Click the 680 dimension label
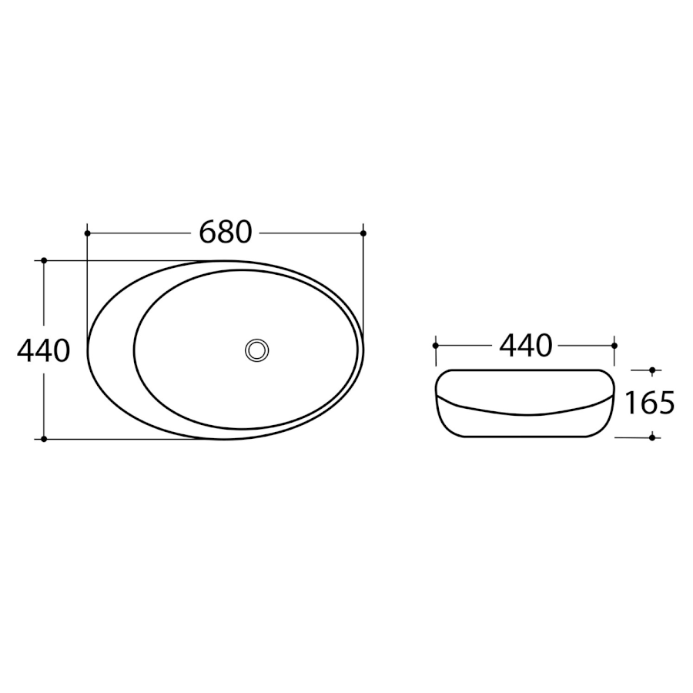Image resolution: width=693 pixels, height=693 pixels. pos(226,233)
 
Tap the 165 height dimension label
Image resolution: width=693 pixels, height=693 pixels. pos(650,403)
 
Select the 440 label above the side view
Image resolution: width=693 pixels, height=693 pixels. pos(525,346)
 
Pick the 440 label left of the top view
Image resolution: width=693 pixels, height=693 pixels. pos(43,351)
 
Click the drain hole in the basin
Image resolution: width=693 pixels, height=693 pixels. pos(256,350)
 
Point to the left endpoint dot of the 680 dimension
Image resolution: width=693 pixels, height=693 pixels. pos(87,233)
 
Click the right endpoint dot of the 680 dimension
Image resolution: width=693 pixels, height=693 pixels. pos(363,233)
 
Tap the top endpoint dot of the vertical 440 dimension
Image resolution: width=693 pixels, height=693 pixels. pos(44,260)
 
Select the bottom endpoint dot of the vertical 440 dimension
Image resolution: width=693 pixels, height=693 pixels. pos(44,439)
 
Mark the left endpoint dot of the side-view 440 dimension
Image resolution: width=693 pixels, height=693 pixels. pos(436,346)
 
